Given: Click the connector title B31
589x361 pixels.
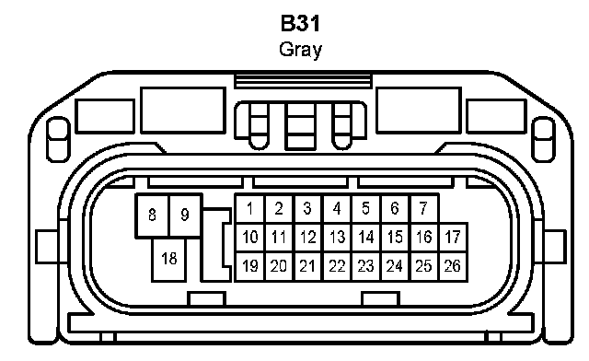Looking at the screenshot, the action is pos(300,23).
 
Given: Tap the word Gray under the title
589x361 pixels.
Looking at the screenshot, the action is pos(301,50).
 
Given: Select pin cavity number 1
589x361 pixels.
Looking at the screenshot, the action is pos(249,208).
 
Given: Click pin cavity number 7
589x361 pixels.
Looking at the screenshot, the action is pos(424,208).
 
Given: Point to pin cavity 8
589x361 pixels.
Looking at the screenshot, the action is pos(152,215).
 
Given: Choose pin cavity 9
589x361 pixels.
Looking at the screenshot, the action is pos(185,215).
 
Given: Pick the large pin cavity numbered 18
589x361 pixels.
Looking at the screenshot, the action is pos(169,260).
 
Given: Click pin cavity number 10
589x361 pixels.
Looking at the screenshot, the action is pos(249,238).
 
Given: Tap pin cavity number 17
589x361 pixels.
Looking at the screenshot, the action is pos(453,238).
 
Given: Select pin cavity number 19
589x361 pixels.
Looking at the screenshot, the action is pos(249,267).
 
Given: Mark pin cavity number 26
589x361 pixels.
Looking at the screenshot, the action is pos(453,267).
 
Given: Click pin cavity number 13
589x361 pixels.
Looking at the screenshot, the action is pos(338,238).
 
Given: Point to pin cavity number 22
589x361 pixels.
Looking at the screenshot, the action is pos(338,267).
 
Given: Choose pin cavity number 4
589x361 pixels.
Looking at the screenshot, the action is pos(338,208).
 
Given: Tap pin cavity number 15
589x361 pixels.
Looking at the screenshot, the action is pos(395,238).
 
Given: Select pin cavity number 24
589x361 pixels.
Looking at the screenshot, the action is pos(395,267).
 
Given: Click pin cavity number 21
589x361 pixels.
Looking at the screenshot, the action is pos(308,267).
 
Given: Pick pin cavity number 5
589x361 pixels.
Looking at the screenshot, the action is pos(366,208).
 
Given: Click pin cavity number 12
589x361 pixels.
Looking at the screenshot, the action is pos(308,238).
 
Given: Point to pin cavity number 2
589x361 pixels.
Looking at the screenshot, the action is pos(279,208).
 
